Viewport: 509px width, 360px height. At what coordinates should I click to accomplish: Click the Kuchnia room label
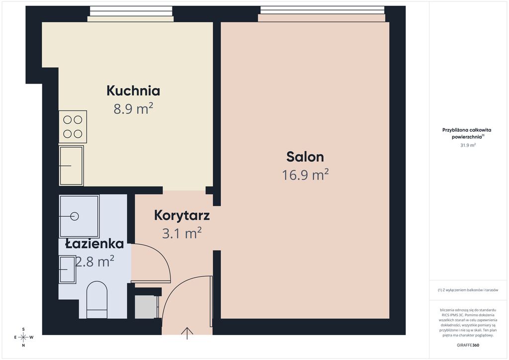click(x=133, y=90)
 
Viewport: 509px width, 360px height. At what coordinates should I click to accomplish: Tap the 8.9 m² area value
click(x=133, y=109)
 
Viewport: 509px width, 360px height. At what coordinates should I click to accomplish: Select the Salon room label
click(x=305, y=157)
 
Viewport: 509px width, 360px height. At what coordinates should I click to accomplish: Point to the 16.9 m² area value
click(x=305, y=175)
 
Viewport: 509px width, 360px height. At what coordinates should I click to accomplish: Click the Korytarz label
click(x=182, y=215)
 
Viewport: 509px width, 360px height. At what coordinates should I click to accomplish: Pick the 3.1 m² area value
click(x=182, y=233)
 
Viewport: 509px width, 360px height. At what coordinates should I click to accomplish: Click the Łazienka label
click(x=94, y=244)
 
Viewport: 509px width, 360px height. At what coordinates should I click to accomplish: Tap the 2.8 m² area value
click(x=94, y=261)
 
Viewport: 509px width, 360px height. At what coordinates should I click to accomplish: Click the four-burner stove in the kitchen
click(x=73, y=127)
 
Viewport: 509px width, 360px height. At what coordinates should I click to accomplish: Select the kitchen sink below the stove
click(x=72, y=166)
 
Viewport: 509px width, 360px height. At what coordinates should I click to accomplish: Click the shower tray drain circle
click(x=75, y=216)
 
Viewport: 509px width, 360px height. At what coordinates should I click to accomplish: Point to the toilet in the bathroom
click(x=97, y=300)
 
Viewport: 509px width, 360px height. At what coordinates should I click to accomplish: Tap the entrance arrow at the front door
click(x=187, y=333)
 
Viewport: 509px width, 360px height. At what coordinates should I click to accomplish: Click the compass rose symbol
click(x=23, y=337)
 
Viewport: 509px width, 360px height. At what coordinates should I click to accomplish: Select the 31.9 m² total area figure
click(x=468, y=145)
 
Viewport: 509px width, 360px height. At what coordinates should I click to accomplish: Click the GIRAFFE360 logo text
click(x=468, y=345)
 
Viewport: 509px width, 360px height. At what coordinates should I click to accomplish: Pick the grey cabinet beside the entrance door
click(x=147, y=307)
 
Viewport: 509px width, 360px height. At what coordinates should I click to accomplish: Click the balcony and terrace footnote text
click(x=468, y=290)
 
